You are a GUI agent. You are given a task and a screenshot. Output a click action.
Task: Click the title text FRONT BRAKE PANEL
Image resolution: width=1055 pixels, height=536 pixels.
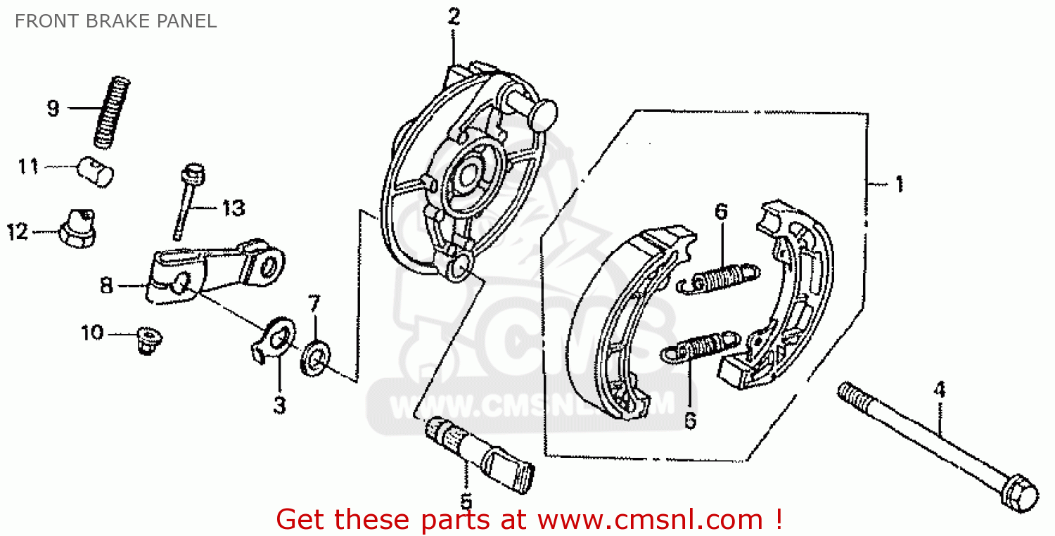click(x=115, y=21)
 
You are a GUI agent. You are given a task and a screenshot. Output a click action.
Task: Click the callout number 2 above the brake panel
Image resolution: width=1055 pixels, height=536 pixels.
click(x=454, y=17)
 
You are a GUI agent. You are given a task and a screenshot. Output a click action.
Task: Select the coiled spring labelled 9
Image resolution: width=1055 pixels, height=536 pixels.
click(x=113, y=112)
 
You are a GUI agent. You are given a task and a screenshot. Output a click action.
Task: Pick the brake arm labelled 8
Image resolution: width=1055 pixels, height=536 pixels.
click(x=211, y=271)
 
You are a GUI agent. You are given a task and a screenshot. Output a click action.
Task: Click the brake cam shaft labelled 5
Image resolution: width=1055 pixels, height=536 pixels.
click(x=478, y=454)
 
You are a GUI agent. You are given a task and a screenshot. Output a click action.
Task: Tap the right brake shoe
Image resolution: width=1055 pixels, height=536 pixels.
click(x=788, y=295)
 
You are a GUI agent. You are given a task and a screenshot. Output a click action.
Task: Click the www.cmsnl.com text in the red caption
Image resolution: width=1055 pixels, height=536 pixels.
click(x=650, y=520)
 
